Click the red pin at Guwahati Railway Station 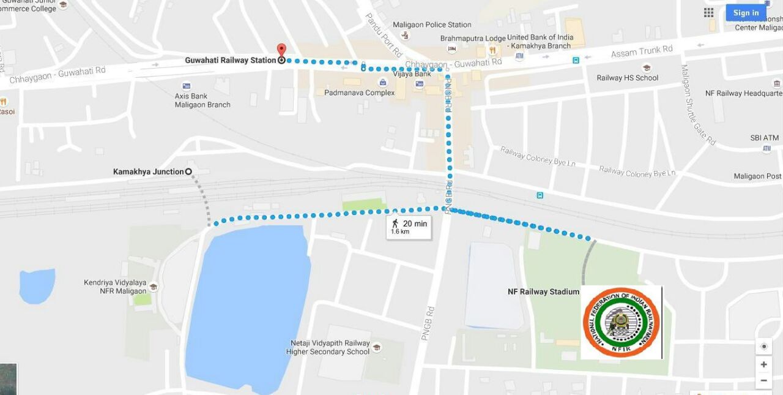[x=281, y=50]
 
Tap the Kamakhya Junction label [x=149, y=171]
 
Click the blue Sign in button [x=746, y=13]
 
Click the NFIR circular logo [x=621, y=322]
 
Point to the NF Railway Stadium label [x=543, y=292]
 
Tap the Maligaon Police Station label [x=432, y=24]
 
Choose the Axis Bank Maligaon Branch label [x=202, y=100]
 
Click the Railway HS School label [x=628, y=78]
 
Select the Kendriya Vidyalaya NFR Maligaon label [x=115, y=287]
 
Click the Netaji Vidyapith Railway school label [x=328, y=347]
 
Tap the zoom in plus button [x=763, y=364]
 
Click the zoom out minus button [x=763, y=380]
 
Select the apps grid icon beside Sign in [x=709, y=13]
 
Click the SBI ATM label [x=765, y=138]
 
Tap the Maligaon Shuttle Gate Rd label [x=698, y=105]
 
